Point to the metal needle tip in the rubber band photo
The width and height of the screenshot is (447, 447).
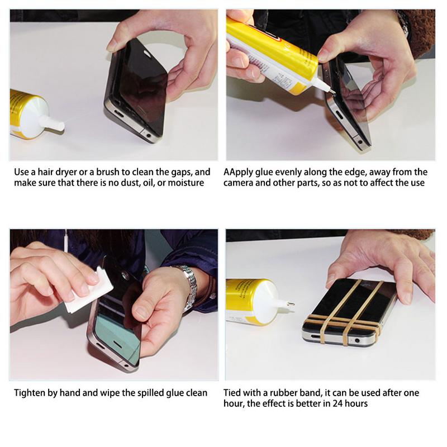(x=290, y=303)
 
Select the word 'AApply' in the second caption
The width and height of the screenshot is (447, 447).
(x=239, y=172)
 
